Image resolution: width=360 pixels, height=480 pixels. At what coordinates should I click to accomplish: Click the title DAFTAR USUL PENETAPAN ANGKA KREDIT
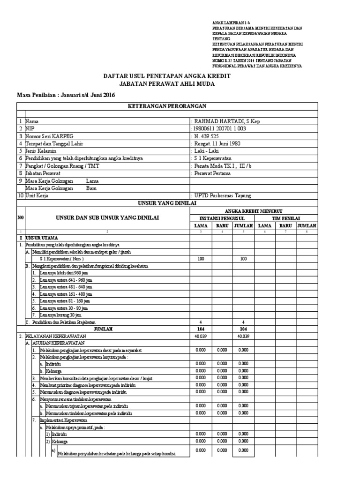click(167, 76)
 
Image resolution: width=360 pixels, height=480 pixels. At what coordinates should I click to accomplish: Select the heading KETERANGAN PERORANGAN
click(167, 106)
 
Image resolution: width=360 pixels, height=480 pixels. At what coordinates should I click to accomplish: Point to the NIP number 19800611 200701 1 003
click(220, 129)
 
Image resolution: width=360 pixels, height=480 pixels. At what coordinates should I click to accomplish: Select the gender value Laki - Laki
click(207, 151)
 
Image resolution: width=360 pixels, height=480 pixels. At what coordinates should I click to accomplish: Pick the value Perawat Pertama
click(212, 173)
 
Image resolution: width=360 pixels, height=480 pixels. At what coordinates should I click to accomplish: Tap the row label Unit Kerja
click(37, 196)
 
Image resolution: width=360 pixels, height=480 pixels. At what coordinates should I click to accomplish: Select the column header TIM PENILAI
click(286, 218)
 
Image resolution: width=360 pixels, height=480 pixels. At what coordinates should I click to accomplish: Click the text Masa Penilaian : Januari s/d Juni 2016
click(66, 96)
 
